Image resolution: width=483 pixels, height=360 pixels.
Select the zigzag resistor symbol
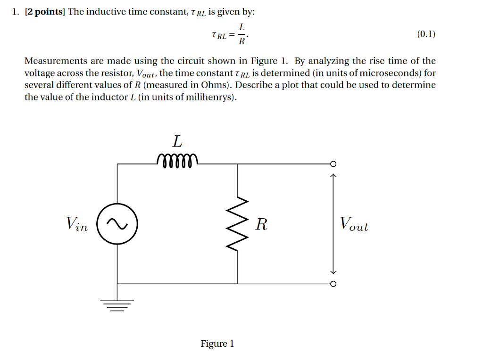pyautogui.click(x=237, y=224)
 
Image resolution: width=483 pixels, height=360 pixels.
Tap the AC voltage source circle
pyautogui.click(x=117, y=224)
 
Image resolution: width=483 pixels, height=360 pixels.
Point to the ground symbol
pyautogui.click(x=117, y=305)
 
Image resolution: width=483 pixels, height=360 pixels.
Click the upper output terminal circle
pyautogui.click(x=333, y=164)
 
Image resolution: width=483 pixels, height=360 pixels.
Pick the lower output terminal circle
pyautogui.click(x=333, y=284)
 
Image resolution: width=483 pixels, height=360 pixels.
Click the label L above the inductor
pyautogui.click(x=177, y=141)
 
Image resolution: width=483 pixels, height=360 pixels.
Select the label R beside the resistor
pyautogui.click(x=261, y=224)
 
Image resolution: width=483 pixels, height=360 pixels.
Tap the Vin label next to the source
pyautogui.click(x=77, y=223)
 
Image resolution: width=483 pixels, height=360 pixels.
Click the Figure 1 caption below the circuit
pyautogui.click(x=217, y=344)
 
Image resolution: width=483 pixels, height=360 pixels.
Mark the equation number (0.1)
pyautogui.click(x=426, y=34)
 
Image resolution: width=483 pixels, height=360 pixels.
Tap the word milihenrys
pyautogui.click(x=211, y=98)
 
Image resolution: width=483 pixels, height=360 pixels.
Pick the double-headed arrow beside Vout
pyautogui.click(x=333, y=224)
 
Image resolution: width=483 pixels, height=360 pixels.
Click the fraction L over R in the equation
pyautogui.click(x=241, y=34)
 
